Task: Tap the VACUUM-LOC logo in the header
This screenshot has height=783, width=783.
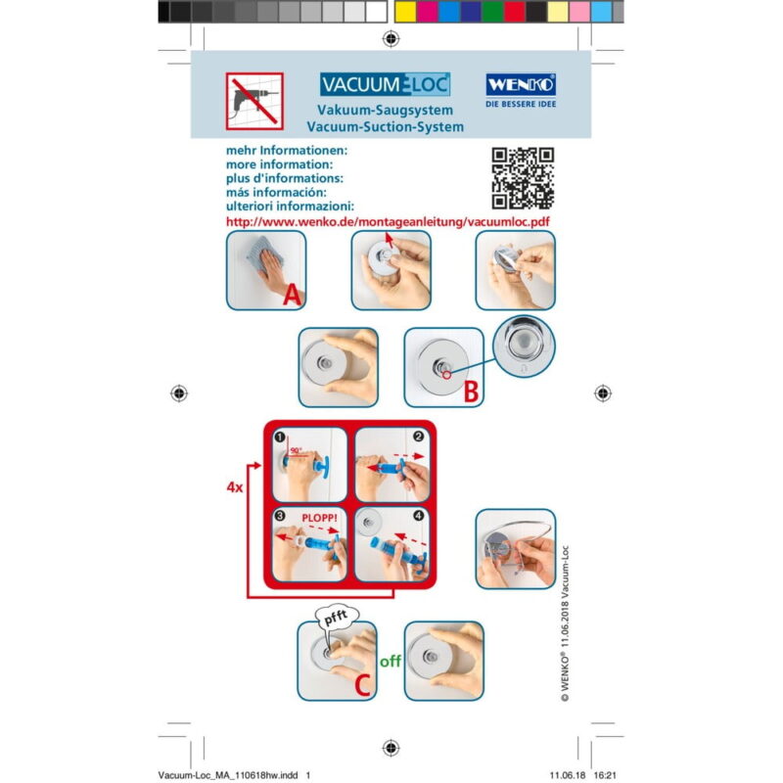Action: (385, 84)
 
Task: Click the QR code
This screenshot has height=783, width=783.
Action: (523, 178)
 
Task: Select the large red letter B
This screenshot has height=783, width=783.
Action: (470, 391)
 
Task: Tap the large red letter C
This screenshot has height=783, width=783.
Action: (362, 684)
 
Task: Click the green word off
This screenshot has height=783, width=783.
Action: (391, 660)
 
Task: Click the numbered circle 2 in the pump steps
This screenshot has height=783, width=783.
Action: (419, 438)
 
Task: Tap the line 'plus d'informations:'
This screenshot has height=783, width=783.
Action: (284, 179)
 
